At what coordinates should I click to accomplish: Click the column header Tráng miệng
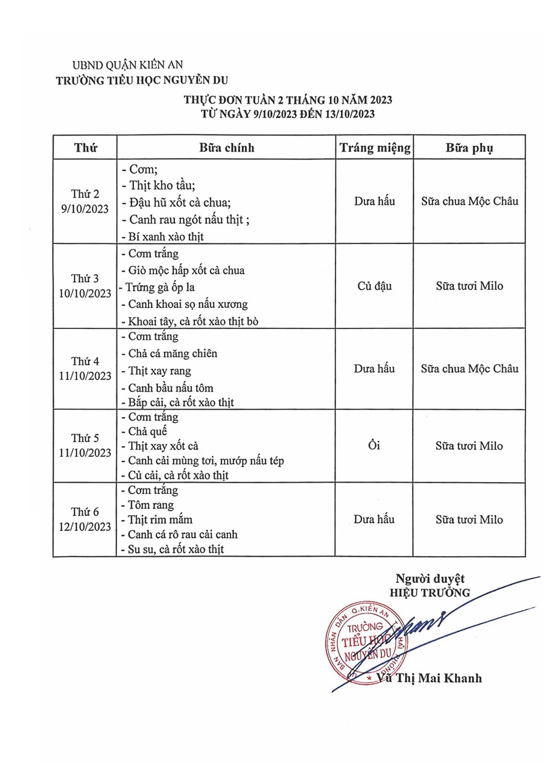(375, 148)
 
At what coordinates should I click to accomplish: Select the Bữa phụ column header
(469, 148)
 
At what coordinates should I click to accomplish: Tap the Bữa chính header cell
(227, 148)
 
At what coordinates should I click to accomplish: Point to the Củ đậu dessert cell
(375, 286)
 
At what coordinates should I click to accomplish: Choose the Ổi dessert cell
(375, 446)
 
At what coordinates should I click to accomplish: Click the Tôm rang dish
(151, 505)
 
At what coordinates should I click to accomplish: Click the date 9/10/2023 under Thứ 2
(84, 208)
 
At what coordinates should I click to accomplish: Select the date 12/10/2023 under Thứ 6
(84, 527)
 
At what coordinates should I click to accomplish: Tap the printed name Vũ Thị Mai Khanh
(428, 678)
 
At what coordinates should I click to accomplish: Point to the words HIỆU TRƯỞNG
(430, 592)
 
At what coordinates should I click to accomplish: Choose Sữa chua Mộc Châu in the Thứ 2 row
(469, 201)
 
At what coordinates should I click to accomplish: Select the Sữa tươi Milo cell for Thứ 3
(469, 286)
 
